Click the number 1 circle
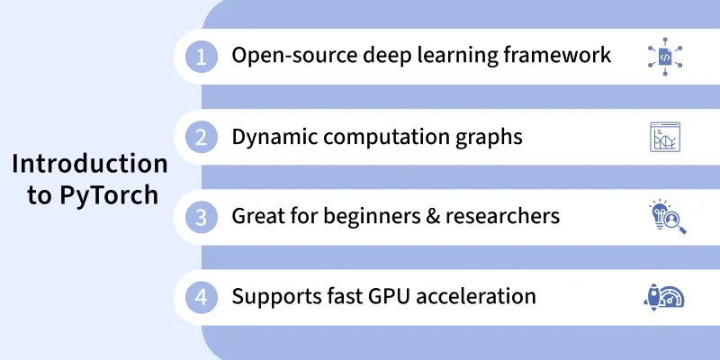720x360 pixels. coord(201,57)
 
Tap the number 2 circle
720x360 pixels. coord(201,137)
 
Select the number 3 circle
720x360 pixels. coord(201,217)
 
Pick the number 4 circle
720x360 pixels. coord(201,297)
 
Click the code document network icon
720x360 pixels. coord(665,57)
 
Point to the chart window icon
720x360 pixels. coord(665,137)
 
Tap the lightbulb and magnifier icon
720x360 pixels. coord(667,217)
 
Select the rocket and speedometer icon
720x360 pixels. coord(664,298)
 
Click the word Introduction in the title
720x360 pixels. coord(90,164)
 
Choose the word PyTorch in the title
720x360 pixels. coord(109,196)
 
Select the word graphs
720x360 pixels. coord(489,138)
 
